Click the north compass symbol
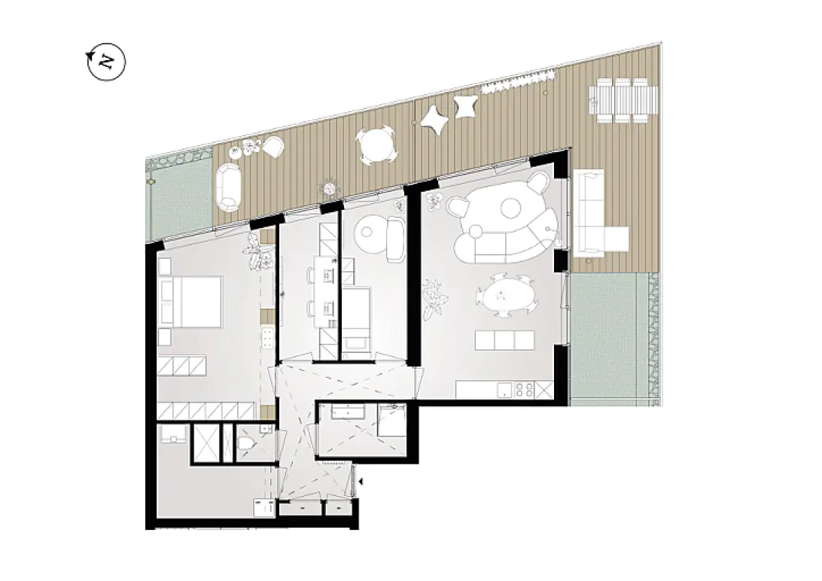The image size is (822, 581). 106,62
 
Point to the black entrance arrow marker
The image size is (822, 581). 360,482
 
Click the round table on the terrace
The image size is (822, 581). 376,145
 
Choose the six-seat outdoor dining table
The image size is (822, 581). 623,100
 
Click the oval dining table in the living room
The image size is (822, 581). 507,295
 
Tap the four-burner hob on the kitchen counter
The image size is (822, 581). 525,389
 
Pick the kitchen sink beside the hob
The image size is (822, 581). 504,390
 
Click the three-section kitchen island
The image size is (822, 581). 504,340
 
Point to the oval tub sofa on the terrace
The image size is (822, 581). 228,187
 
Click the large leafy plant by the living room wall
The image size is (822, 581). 434,299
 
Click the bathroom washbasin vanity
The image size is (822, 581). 350,411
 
